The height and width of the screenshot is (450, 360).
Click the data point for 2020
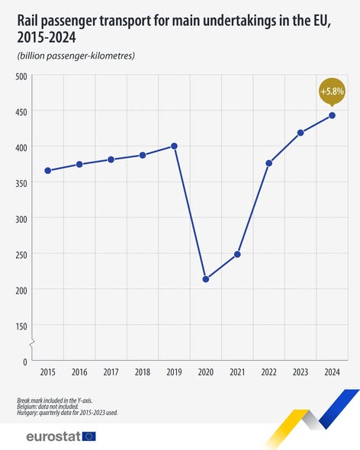[x=206, y=279]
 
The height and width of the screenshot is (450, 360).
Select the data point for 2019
[x=175, y=146]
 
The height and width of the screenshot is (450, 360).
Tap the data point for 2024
[x=333, y=115]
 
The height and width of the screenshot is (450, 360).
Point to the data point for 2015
[x=48, y=170]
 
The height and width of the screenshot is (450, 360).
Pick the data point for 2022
[x=269, y=163]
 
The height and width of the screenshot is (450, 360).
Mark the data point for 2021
[x=237, y=254]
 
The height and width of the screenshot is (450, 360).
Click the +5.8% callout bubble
[x=332, y=92]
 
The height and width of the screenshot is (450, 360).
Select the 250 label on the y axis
[x=21, y=254]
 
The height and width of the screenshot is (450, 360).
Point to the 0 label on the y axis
[x=24, y=361]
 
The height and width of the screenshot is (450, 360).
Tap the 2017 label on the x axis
[x=111, y=373]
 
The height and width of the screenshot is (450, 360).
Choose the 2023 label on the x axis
[x=301, y=373]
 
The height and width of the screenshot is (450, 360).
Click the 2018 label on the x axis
[x=143, y=373]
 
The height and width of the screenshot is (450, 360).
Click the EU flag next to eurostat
[x=89, y=436]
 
